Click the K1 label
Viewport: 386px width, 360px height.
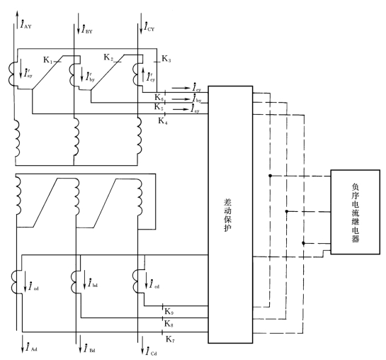(x=48, y=60)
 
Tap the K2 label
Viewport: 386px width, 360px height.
(x=108, y=57)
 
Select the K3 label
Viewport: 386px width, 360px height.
(x=166, y=59)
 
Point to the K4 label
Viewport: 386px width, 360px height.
(x=163, y=120)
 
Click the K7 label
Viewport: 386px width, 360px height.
(x=170, y=339)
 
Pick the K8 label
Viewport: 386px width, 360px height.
(x=169, y=324)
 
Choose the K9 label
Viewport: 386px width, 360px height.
(x=169, y=312)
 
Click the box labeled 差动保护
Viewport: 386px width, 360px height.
(x=230, y=215)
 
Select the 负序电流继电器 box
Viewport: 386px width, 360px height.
(x=355, y=212)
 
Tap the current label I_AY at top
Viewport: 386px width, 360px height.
(x=25, y=24)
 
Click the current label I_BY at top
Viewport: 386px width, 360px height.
(x=87, y=29)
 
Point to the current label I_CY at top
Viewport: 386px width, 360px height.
(x=149, y=27)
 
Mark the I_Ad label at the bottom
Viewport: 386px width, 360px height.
(x=32, y=347)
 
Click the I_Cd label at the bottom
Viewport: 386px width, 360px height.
(x=151, y=351)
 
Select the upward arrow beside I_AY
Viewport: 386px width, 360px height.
(x=17, y=20)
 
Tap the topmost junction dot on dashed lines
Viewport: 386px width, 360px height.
(x=270, y=176)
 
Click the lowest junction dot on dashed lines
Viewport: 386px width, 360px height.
(x=303, y=243)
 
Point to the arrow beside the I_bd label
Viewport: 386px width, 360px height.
(x=84, y=279)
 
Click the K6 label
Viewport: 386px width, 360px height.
(x=159, y=97)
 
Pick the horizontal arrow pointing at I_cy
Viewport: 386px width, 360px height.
(x=181, y=88)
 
